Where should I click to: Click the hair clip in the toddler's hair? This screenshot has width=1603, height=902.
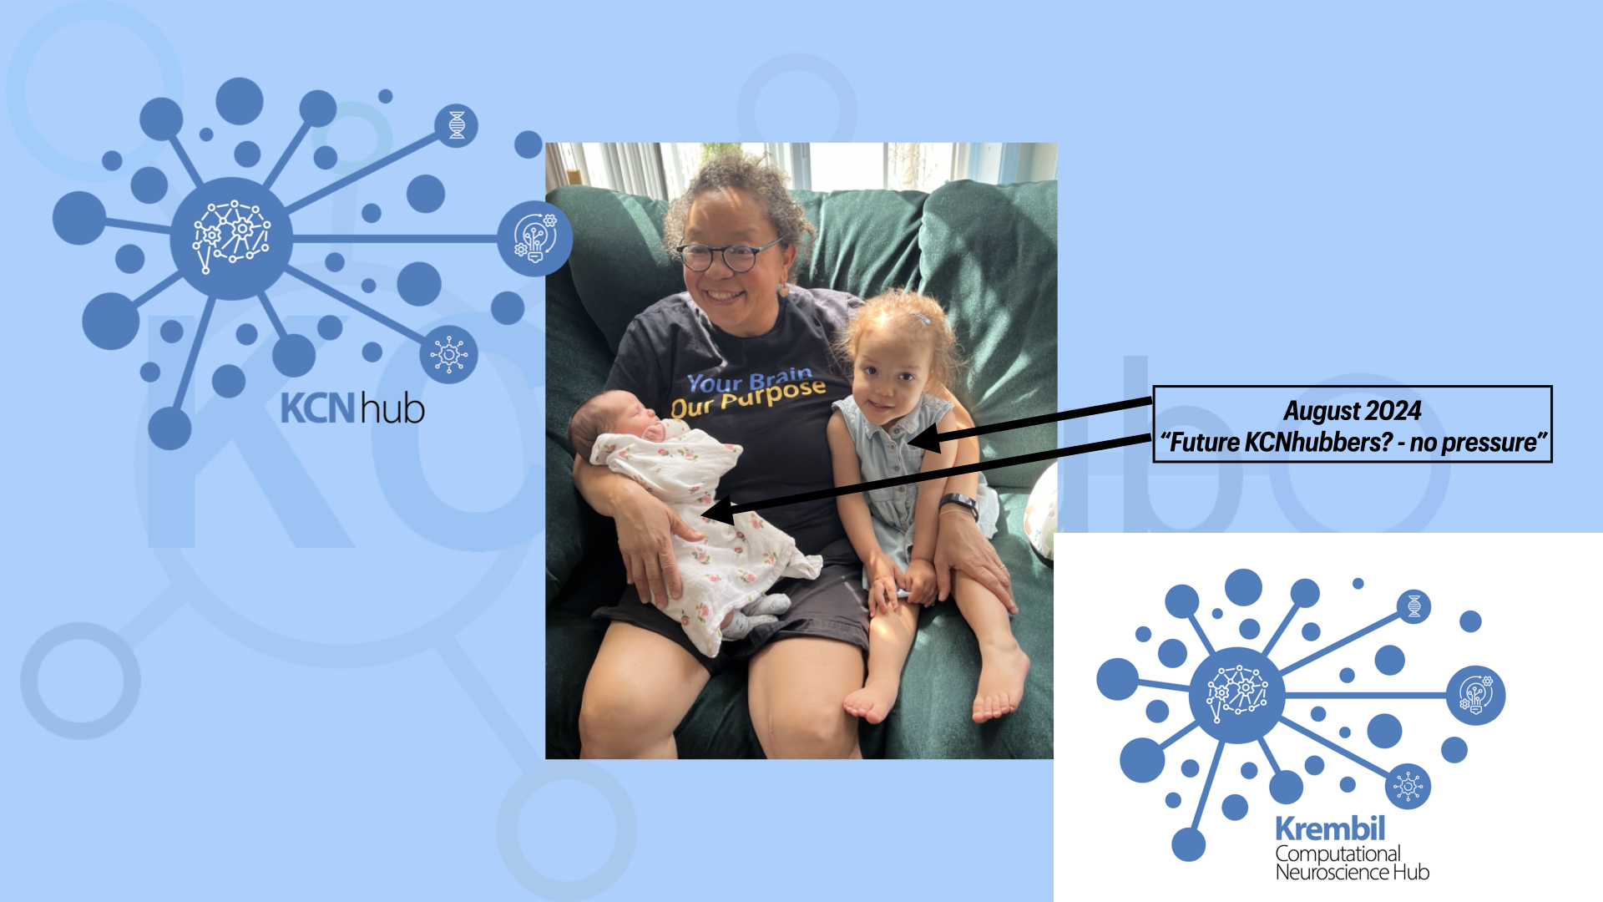tap(920, 318)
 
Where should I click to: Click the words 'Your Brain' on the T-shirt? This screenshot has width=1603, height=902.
tap(749, 380)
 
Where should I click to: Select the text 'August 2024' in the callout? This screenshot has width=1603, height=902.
tap(1353, 411)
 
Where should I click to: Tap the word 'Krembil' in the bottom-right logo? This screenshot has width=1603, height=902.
tap(1330, 829)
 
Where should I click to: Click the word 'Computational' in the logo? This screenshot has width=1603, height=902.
tap(1338, 854)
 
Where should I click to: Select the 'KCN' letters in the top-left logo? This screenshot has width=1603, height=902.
tap(318, 408)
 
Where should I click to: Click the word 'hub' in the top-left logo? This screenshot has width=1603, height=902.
tap(392, 408)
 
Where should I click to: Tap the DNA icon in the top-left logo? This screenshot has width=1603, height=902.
tap(457, 125)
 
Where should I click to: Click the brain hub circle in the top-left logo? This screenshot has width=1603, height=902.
tap(231, 238)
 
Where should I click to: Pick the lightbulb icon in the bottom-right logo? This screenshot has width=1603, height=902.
tap(1475, 695)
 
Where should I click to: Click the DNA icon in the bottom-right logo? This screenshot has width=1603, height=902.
tap(1413, 606)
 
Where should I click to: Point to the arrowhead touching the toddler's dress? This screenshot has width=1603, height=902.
tap(924, 437)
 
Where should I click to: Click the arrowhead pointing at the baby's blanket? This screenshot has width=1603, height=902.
tap(717, 510)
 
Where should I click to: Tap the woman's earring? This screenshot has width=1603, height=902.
tap(782, 289)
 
